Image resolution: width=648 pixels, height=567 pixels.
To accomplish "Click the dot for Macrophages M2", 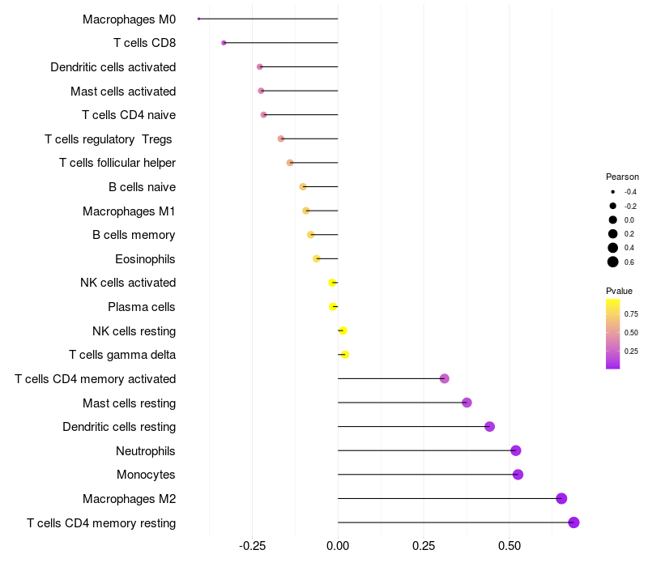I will tap(561, 499).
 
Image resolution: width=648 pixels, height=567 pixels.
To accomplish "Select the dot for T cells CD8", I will tap(224, 43).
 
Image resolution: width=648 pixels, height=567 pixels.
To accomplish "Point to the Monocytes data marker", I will tap(518, 475).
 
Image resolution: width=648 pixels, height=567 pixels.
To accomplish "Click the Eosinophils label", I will tap(145, 259).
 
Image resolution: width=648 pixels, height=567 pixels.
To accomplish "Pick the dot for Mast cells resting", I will tap(467, 403).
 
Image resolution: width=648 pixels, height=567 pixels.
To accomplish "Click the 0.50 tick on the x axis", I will tap(509, 546).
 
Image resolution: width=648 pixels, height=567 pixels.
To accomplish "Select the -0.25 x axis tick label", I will tap(252, 546).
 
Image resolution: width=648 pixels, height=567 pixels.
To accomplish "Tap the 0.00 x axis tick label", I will tap(338, 546).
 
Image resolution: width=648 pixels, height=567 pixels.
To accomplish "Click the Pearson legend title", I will tap(622, 177).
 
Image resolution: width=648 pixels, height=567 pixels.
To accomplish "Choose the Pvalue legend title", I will tap(619, 291).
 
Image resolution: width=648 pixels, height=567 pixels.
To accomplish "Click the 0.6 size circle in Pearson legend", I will tap(613, 262).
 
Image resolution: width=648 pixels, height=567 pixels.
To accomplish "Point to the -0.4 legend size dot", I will tap(613, 192).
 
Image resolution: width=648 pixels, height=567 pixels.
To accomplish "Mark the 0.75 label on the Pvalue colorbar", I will tap(631, 313).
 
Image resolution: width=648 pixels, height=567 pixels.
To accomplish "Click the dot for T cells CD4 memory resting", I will tap(573, 522).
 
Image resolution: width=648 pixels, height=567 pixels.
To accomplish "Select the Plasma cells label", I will tap(141, 307).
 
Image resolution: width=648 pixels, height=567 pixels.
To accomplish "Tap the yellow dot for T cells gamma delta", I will tap(345, 355).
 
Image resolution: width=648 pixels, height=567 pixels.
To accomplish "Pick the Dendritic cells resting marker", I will tap(489, 427).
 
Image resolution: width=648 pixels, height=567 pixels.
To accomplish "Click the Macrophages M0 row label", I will tap(129, 19).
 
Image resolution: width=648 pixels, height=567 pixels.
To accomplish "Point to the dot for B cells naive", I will tap(303, 187).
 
